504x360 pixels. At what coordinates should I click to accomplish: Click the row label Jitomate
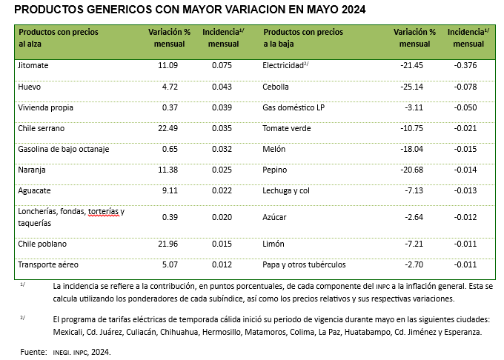[33, 65]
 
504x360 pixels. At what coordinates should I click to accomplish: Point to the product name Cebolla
[276, 87]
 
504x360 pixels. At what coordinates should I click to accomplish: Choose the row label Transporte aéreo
[47, 264]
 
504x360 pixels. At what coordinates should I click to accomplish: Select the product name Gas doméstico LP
[294, 107]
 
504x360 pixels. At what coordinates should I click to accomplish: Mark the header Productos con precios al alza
[58, 38]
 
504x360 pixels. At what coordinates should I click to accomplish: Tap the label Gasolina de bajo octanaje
[63, 149]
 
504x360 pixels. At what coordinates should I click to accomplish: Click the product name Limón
[273, 243]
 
